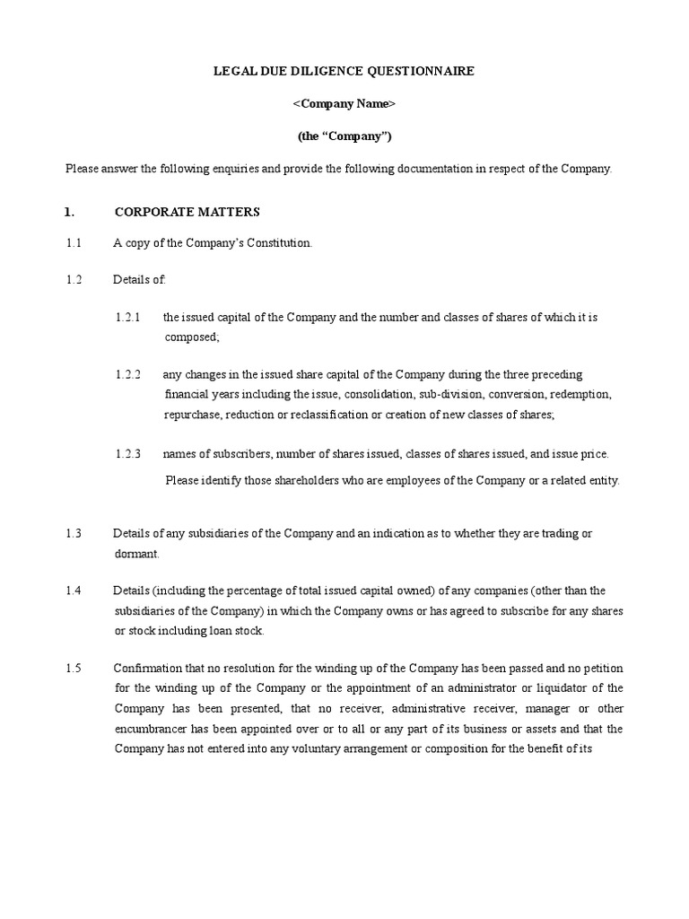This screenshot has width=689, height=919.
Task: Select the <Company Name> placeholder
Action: (344, 104)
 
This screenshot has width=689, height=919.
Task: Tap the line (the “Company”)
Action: (344, 136)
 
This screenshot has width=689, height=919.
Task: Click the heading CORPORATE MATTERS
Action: (187, 212)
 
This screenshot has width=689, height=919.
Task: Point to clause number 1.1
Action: (74, 243)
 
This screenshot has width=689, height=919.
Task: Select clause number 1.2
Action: (74, 280)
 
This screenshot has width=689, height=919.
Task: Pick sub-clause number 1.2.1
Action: (128, 318)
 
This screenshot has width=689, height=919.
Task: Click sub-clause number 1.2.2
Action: (128, 374)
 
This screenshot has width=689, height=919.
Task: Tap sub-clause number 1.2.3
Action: (128, 454)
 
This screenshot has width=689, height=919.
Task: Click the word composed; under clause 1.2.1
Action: (191, 337)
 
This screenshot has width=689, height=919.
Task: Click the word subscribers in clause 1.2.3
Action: (224, 454)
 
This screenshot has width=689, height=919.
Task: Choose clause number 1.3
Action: (74, 533)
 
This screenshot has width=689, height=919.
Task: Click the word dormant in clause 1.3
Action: (135, 554)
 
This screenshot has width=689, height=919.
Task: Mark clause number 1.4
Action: (74, 591)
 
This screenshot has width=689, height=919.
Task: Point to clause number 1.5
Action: (74, 669)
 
